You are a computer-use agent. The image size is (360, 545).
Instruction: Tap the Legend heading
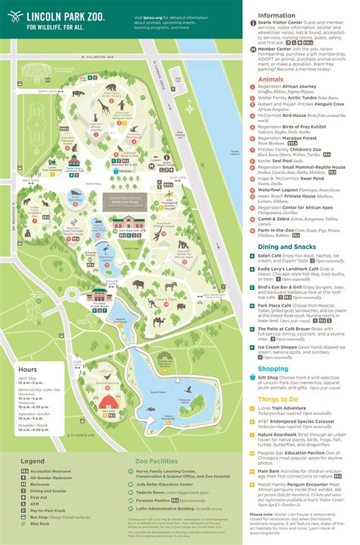coord(33,460)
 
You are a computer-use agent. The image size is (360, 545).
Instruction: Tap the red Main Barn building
coord(107,401)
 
